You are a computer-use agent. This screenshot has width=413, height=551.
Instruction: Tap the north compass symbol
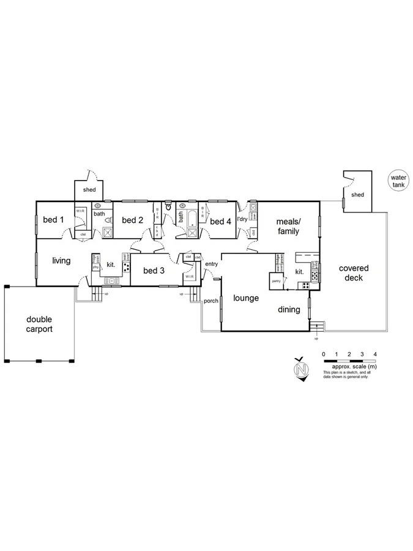point(300,370)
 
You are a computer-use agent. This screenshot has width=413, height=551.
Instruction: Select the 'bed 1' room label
point(54,220)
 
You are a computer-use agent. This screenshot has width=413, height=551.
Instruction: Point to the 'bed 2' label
point(132,220)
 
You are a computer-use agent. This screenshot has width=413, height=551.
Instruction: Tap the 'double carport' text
point(39,324)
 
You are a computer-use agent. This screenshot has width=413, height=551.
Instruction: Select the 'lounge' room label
point(246,299)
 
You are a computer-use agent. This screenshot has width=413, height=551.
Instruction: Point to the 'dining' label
point(289,310)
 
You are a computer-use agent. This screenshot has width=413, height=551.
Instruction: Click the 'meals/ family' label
point(288,227)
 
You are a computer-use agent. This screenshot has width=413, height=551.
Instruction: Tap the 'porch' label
point(210,301)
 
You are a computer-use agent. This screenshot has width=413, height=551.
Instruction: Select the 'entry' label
point(212,264)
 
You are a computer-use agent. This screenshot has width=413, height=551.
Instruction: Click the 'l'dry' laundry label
point(242,219)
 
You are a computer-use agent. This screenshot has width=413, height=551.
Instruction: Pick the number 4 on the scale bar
point(374,354)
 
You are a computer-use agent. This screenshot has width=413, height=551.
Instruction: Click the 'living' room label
point(61,261)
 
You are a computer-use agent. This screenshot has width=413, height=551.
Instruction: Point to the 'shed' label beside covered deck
point(357,195)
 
